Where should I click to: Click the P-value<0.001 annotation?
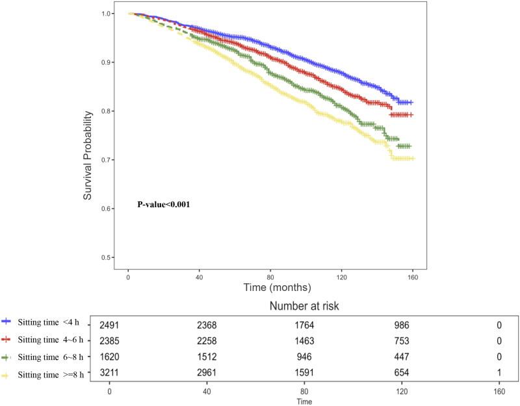coord(162,204)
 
